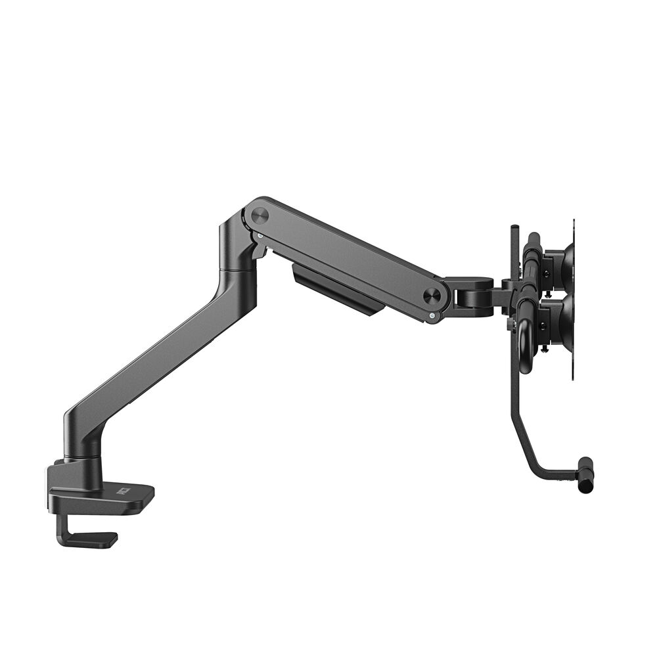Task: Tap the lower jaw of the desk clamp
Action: (x=92, y=539)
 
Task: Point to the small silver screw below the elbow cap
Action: (x=261, y=235)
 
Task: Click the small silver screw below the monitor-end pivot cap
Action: (x=431, y=316)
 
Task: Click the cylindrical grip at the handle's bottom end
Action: (x=585, y=474)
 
